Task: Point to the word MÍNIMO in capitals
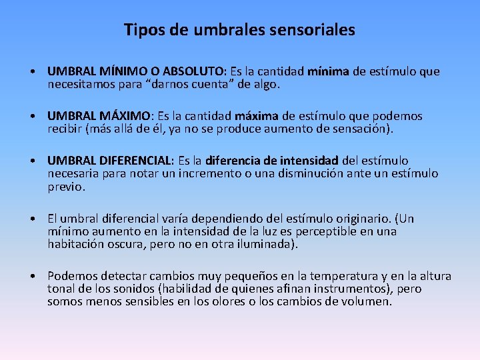(119, 71)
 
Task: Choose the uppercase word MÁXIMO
(125, 116)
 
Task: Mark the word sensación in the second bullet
(364, 129)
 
